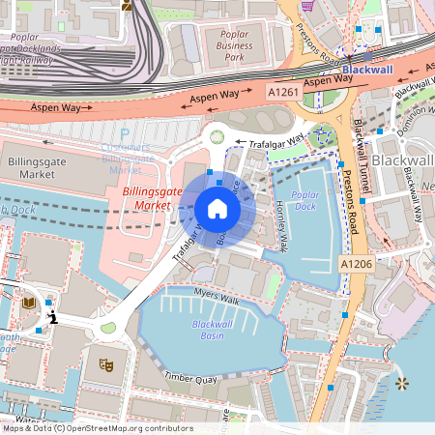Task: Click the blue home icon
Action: [x=217, y=208]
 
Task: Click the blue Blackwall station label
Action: [x=368, y=70]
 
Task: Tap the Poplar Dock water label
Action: [x=304, y=200]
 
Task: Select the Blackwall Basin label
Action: [x=212, y=329]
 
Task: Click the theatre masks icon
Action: [x=106, y=364]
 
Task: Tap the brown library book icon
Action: [x=29, y=304]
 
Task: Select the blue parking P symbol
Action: [x=124, y=137]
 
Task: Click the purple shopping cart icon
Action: [x=307, y=5]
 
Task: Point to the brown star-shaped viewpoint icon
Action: [x=402, y=384]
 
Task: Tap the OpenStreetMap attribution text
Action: [x=97, y=428]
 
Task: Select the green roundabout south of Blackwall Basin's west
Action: [x=107, y=328]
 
